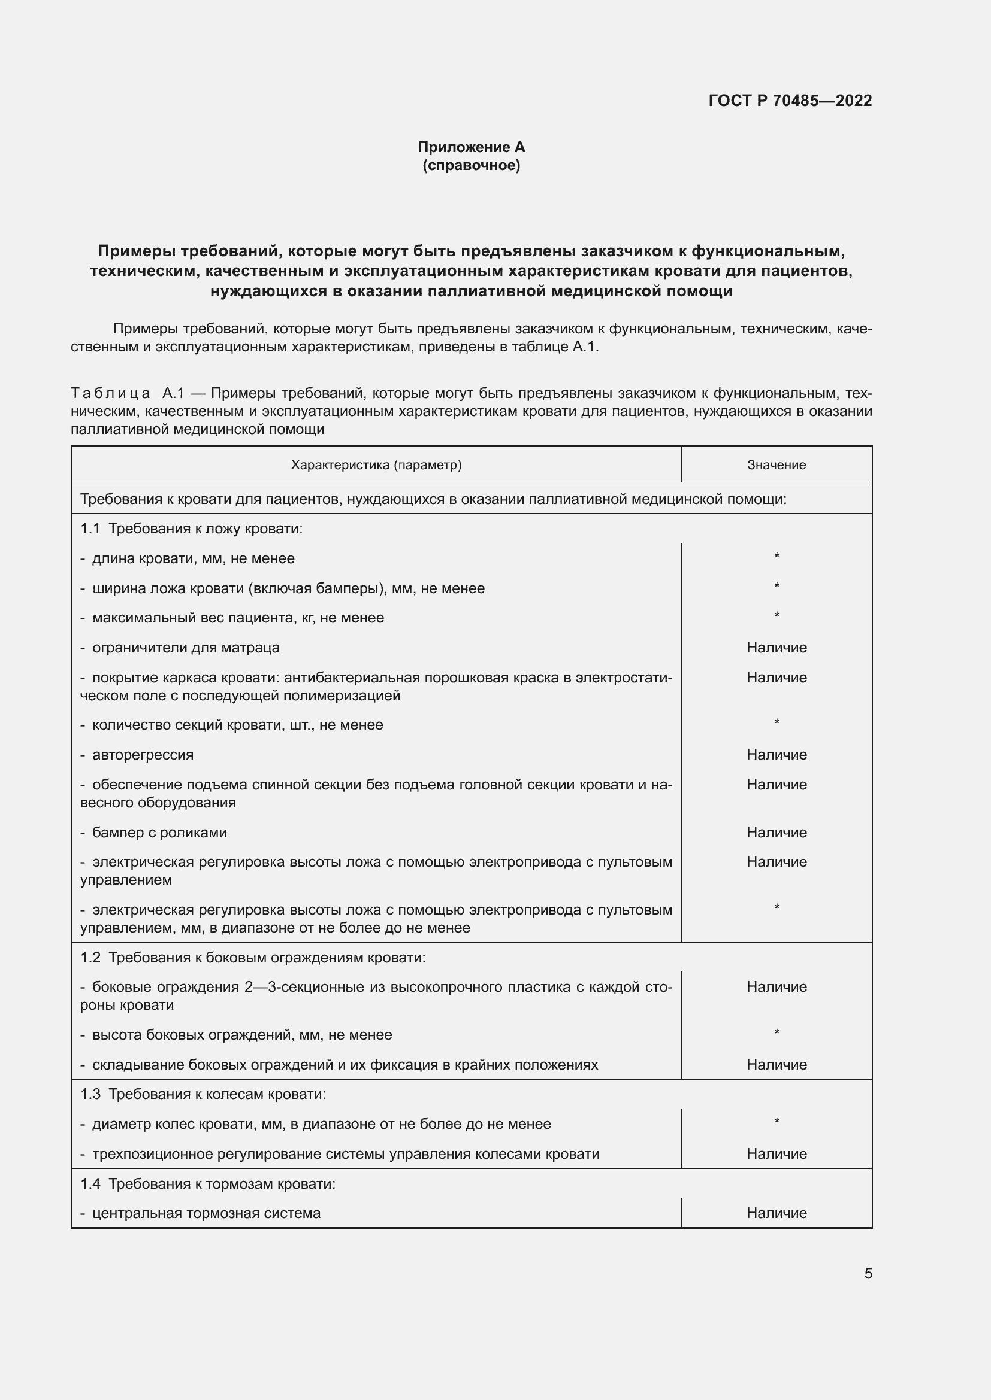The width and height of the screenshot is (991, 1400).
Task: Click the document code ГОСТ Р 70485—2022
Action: pos(790,101)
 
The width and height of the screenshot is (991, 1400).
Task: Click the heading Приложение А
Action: pos(471,147)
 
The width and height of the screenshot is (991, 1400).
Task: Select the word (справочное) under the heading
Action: pos(471,165)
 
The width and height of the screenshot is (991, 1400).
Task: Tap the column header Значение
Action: pos(776,464)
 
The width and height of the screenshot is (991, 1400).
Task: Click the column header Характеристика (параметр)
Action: pos(376,464)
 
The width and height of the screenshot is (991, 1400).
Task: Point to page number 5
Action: pos(868,1273)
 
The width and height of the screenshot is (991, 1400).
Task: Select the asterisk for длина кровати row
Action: pos(776,556)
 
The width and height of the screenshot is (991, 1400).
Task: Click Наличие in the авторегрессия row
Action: pos(776,754)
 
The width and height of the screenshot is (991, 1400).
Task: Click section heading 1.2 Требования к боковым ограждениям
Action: pos(253,957)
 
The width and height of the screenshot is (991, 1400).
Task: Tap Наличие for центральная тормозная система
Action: pos(776,1213)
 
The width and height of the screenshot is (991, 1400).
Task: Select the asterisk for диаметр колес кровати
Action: pos(776,1122)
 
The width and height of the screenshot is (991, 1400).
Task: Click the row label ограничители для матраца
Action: pos(186,648)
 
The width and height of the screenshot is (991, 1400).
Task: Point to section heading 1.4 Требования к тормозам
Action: pos(207,1183)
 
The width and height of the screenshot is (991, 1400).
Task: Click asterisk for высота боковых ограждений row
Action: pos(776,1032)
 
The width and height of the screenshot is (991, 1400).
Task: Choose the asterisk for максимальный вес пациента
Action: pos(776,615)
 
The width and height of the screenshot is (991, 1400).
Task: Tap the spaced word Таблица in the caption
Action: pos(110,393)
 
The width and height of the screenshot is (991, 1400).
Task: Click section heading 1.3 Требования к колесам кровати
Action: pos(203,1094)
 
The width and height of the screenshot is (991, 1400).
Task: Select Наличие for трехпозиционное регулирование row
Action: pos(776,1153)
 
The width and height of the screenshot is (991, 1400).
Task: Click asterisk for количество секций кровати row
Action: pos(776,722)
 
